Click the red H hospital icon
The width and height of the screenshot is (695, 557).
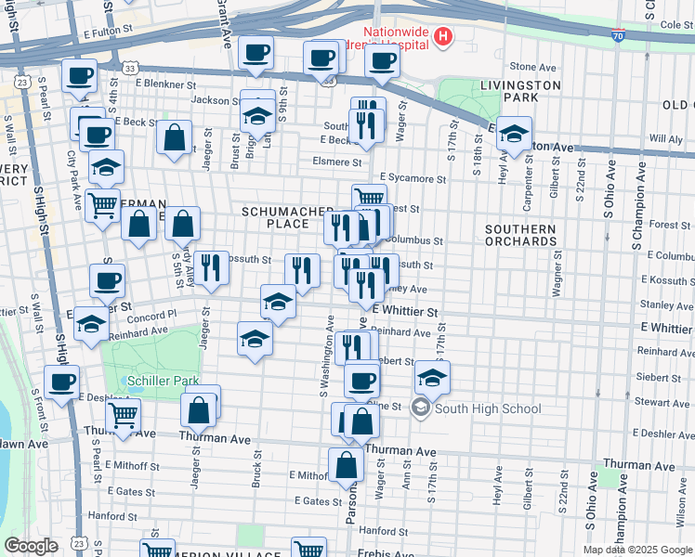(x=444, y=37)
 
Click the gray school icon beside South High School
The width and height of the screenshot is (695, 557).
(x=421, y=408)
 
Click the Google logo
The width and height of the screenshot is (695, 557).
(x=31, y=546)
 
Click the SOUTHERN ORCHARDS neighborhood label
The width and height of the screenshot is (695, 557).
(x=520, y=236)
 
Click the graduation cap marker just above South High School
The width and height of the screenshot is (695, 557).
(x=432, y=377)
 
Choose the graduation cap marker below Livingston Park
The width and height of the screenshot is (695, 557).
(x=514, y=133)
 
